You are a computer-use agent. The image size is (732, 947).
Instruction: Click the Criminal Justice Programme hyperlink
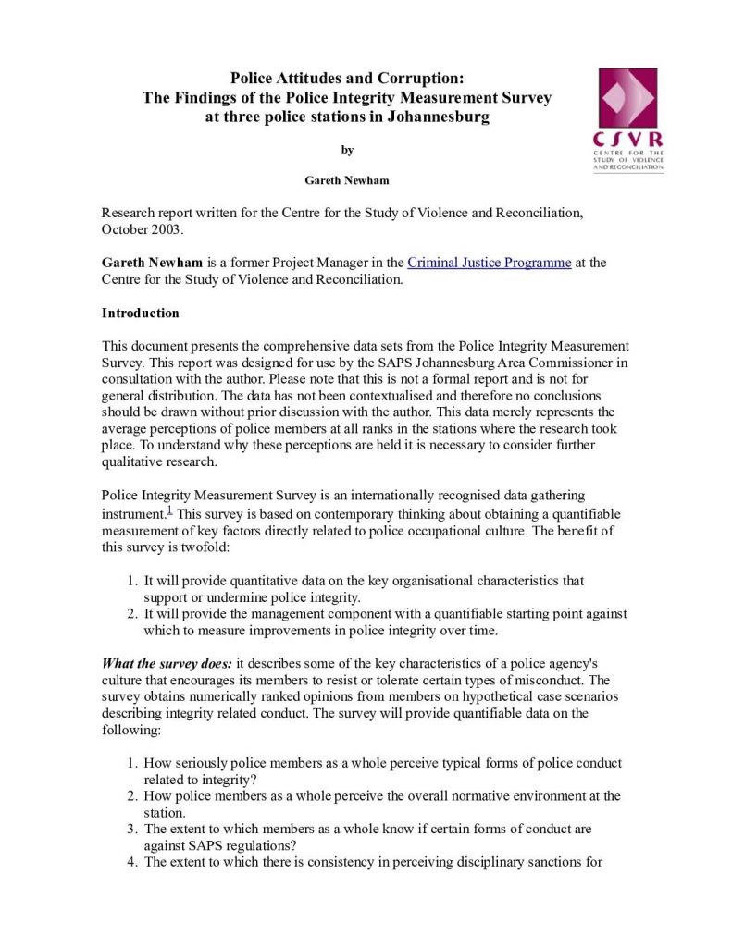point(489,263)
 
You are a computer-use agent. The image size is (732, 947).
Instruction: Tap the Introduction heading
point(140,314)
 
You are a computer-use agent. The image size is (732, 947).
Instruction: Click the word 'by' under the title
point(347,150)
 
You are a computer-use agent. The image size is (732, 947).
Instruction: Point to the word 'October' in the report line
point(125,229)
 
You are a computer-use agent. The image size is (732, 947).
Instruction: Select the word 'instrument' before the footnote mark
point(132,513)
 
